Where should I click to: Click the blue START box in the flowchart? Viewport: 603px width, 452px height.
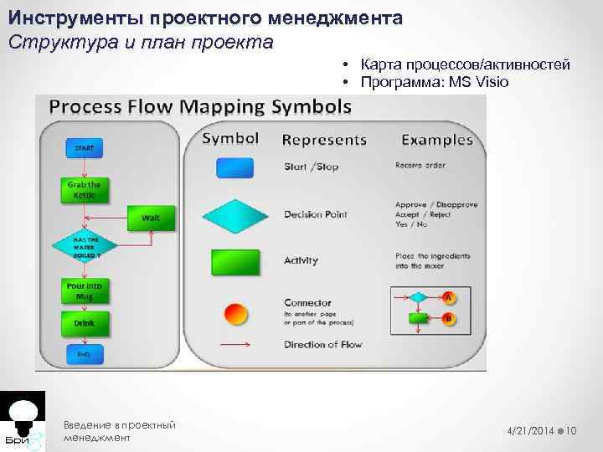click(84, 148)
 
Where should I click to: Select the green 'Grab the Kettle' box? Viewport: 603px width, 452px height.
click(83, 190)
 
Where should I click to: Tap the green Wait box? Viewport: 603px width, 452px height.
click(150, 218)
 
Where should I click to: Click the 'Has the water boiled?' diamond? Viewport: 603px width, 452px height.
click(85, 246)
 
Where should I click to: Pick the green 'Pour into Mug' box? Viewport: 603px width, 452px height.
click(84, 290)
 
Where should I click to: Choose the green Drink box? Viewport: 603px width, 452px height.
click(84, 322)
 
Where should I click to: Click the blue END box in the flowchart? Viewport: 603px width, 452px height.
click(84, 354)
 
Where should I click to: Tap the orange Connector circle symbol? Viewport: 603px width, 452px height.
click(236, 314)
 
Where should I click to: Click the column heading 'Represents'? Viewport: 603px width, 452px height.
click(324, 140)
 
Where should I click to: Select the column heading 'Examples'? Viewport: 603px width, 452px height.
click(437, 139)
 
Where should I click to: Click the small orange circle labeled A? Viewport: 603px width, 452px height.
click(448, 297)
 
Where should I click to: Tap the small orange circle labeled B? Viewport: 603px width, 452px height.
click(448, 319)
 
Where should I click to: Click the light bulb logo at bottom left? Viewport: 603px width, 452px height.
click(23, 411)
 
